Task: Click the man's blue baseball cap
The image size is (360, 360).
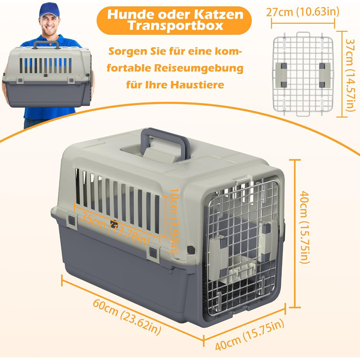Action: [x=49, y=10]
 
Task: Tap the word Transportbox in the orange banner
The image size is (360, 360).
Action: [x=175, y=26]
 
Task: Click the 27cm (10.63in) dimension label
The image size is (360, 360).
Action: [x=302, y=11]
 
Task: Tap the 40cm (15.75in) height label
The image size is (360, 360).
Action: [x=305, y=227]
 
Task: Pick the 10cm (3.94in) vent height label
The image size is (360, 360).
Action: [x=174, y=221]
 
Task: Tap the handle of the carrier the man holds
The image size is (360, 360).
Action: [x=46, y=44]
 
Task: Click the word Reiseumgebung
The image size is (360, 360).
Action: [x=199, y=68]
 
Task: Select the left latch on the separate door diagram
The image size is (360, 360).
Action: [x=281, y=75]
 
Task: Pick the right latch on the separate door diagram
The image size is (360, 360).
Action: [x=325, y=75]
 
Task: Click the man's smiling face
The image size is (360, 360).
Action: [x=49, y=25]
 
